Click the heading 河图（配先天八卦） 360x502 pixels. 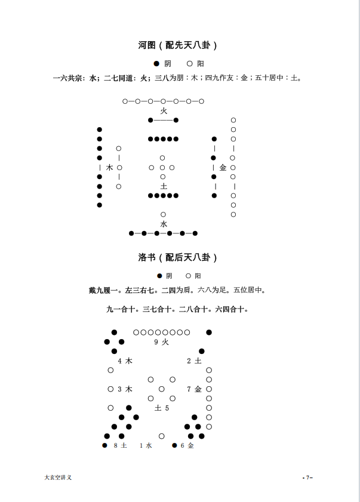click(177, 45)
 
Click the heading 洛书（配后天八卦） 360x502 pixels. click(177, 257)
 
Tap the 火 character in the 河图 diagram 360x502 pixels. click(164, 111)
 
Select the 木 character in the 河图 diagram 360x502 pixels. click(110, 168)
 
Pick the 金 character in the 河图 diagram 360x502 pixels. click(223, 168)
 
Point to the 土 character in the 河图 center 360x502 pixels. click(164, 186)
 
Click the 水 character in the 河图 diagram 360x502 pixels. click(164, 224)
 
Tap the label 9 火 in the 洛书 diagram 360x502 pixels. click(161, 342)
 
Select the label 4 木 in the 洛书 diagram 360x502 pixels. click(125, 361)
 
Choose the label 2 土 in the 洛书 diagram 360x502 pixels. click(194, 361)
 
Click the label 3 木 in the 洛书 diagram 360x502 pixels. click(125, 389)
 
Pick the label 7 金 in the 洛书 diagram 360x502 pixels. click(194, 389)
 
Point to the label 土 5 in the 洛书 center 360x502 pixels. click(162, 408)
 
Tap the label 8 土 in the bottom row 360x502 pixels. click(120, 445)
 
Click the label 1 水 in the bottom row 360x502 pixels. click(146, 445)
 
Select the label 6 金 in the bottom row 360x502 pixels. click(187, 445)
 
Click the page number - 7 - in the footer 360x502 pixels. click(307, 478)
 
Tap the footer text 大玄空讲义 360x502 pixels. click(58, 478)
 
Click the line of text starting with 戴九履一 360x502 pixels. click(177, 291)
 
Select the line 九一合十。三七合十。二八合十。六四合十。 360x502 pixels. click(177, 309)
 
